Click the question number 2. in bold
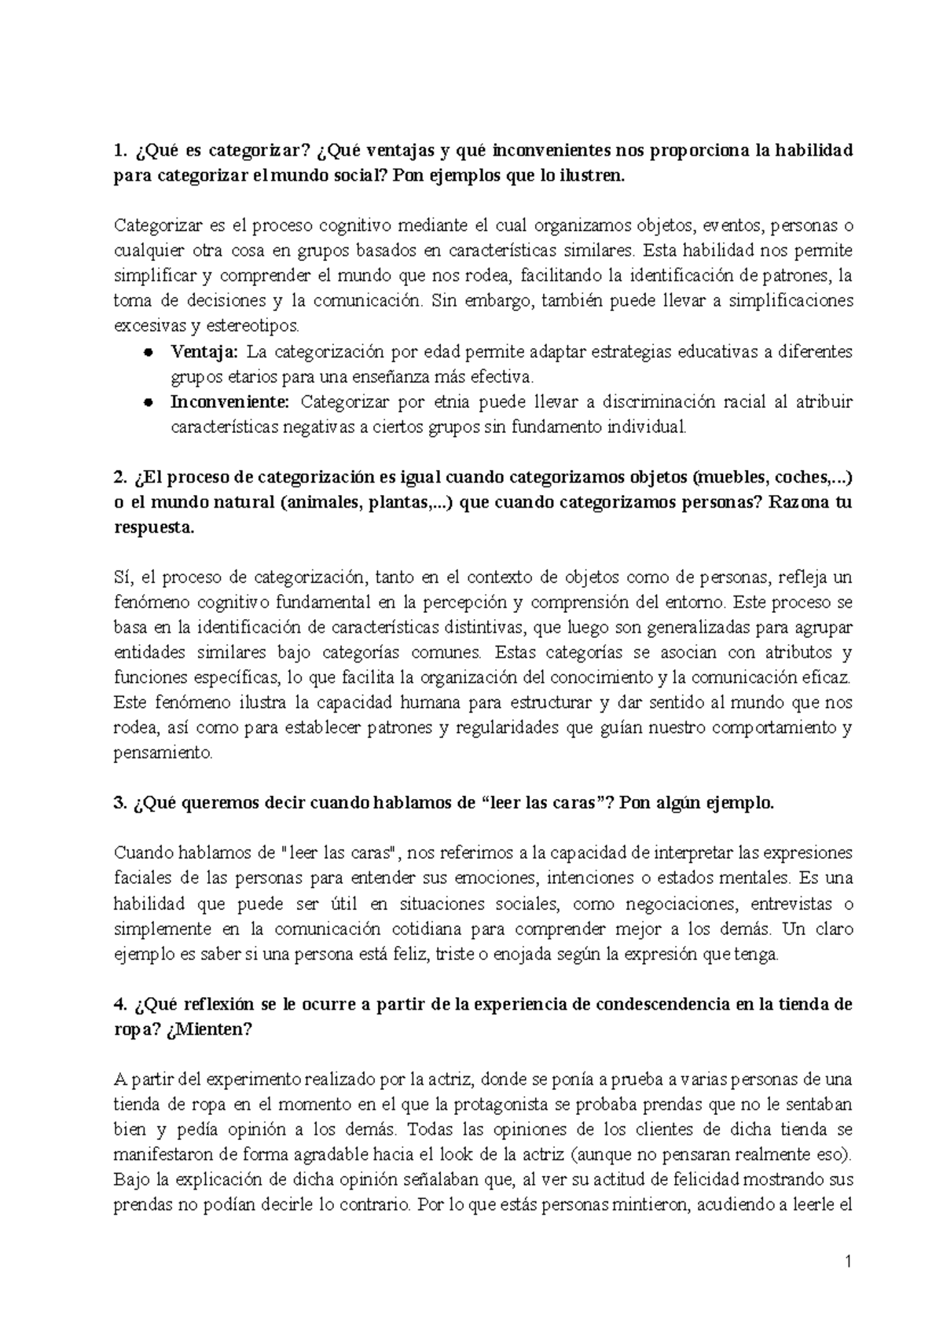click(x=120, y=478)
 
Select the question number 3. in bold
click(x=120, y=804)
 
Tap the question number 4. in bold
click(x=120, y=1005)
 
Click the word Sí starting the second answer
click(x=122, y=578)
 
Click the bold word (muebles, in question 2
click(x=729, y=478)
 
